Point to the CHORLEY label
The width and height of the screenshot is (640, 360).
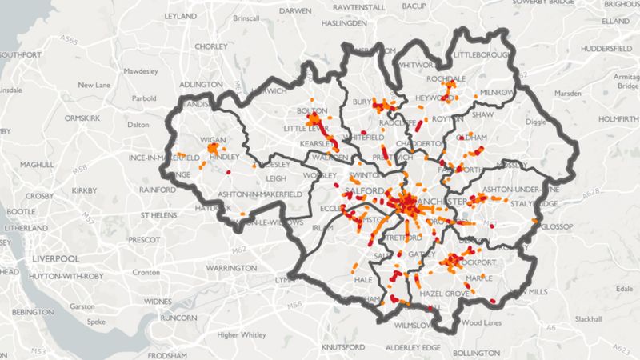(x=211, y=47)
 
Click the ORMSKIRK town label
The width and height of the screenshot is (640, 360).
(x=81, y=118)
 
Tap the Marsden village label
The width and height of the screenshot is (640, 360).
(x=569, y=93)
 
